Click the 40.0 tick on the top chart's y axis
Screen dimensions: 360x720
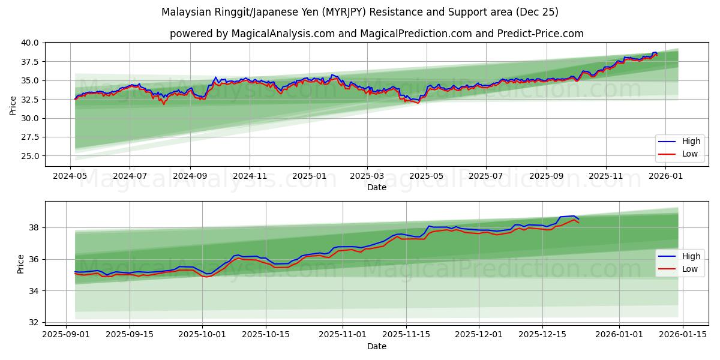(x=30, y=43)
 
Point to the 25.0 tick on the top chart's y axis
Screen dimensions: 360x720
(x=30, y=156)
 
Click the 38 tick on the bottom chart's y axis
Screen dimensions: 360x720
(x=34, y=228)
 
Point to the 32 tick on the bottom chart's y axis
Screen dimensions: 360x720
(x=34, y=322)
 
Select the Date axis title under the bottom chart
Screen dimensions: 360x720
(x=377, y=346)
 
